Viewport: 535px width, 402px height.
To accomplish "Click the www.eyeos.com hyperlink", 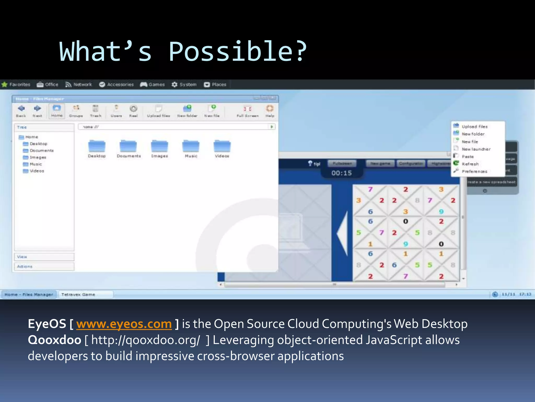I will [x=124, y=324].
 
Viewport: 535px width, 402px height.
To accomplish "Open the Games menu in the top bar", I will [x=153, y=85].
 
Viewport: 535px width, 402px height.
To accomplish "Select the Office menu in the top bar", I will [x=48, y=85].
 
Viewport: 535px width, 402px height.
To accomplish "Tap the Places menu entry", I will [x=215, y=85].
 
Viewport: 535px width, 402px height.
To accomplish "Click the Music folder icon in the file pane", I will [x=191, y=147].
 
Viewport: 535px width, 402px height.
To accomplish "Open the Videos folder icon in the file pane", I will [x=222, y=147].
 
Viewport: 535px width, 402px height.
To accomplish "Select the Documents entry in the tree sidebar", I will [x=41, y=150].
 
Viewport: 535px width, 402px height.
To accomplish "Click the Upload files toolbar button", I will [x=158, y=111].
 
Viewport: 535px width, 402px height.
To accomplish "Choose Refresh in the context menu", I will [x=470, y=164].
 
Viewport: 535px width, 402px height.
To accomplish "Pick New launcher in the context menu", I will [x=476, y=149].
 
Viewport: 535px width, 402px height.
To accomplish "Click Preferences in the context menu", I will [x=474, y=171].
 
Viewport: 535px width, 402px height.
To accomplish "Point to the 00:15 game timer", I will [x=341, y=173].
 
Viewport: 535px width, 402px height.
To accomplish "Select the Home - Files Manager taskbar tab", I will [x=29, y=294].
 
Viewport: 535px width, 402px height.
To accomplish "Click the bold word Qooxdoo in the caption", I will [x=54, y=340].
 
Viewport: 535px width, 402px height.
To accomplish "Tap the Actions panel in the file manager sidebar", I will [x=44, y=266].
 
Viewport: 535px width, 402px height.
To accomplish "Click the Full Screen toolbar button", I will [x=247, y=111].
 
